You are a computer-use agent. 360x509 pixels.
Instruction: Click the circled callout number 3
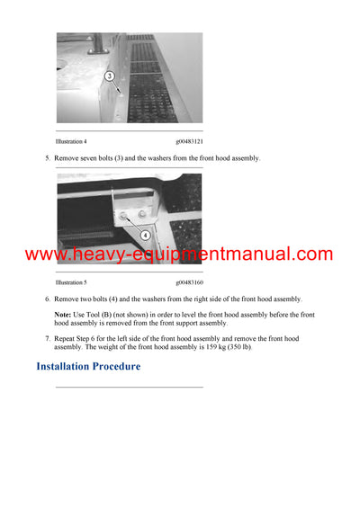point(110,77)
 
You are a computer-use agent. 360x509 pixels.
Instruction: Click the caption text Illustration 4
point(71,141)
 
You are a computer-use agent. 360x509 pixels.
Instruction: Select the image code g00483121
point(189,141)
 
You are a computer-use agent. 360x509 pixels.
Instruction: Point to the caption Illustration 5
point(71,282)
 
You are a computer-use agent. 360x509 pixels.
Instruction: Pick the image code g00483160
point(189,282)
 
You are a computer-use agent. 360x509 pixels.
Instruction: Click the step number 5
point(47,158)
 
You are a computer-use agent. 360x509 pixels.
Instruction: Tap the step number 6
point(47,299)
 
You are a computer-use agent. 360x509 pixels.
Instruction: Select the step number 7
point(47,338)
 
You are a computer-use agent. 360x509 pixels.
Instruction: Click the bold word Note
point(62,314)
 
